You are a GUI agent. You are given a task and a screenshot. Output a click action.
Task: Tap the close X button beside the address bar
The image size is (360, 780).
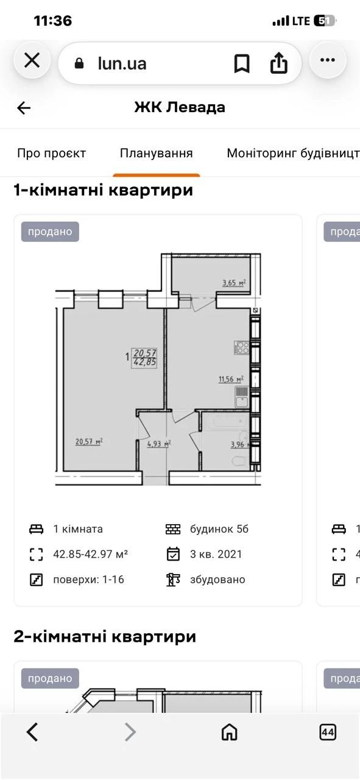(32, 60)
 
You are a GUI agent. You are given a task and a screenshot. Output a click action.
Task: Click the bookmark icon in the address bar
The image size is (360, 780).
(242, 64)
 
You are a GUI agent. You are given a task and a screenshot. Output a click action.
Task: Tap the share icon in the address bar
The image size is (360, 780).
(279, 63)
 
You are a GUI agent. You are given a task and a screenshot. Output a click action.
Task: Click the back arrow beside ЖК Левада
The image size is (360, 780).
(24, 108)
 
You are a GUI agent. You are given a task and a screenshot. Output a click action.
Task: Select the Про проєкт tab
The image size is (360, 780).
(52, 153)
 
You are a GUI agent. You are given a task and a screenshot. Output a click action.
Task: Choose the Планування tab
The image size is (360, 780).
(157, 153)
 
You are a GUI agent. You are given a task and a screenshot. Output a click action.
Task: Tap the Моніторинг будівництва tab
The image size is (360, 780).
(293, 153)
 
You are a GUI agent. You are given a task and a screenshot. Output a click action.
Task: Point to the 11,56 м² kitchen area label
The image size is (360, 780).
(231, 379)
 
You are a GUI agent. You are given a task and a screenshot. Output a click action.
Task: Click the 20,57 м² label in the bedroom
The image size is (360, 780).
(89, 442)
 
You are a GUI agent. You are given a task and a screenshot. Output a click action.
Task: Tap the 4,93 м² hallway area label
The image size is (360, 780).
(159, 444)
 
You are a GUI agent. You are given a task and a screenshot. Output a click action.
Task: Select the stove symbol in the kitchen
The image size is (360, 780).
(242, 347)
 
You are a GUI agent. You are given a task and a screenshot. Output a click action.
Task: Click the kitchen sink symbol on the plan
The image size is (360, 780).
(242, 397)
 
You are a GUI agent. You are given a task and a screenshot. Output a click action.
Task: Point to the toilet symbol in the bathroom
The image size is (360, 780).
(240, 461)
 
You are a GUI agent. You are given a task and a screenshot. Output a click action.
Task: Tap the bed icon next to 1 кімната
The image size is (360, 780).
(36, 530)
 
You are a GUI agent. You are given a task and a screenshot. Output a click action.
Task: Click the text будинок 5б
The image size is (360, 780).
(219, 530)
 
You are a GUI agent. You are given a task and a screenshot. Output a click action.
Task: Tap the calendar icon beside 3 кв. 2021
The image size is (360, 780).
(173, 554)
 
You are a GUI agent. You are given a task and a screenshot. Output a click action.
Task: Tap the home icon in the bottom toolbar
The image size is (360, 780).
(230, 732)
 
